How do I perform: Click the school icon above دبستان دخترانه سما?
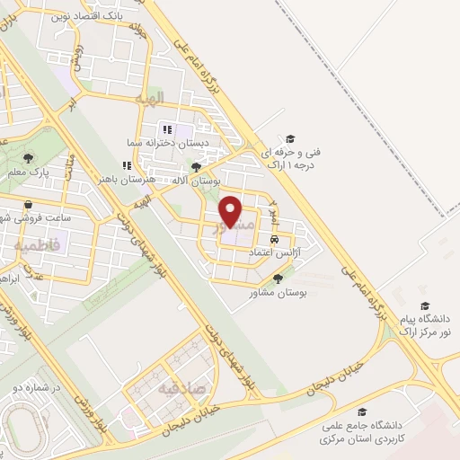point(168,130)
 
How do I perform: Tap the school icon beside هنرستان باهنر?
point(127,166)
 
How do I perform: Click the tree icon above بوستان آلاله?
point(196,167)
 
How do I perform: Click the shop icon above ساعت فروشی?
point(30,205)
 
